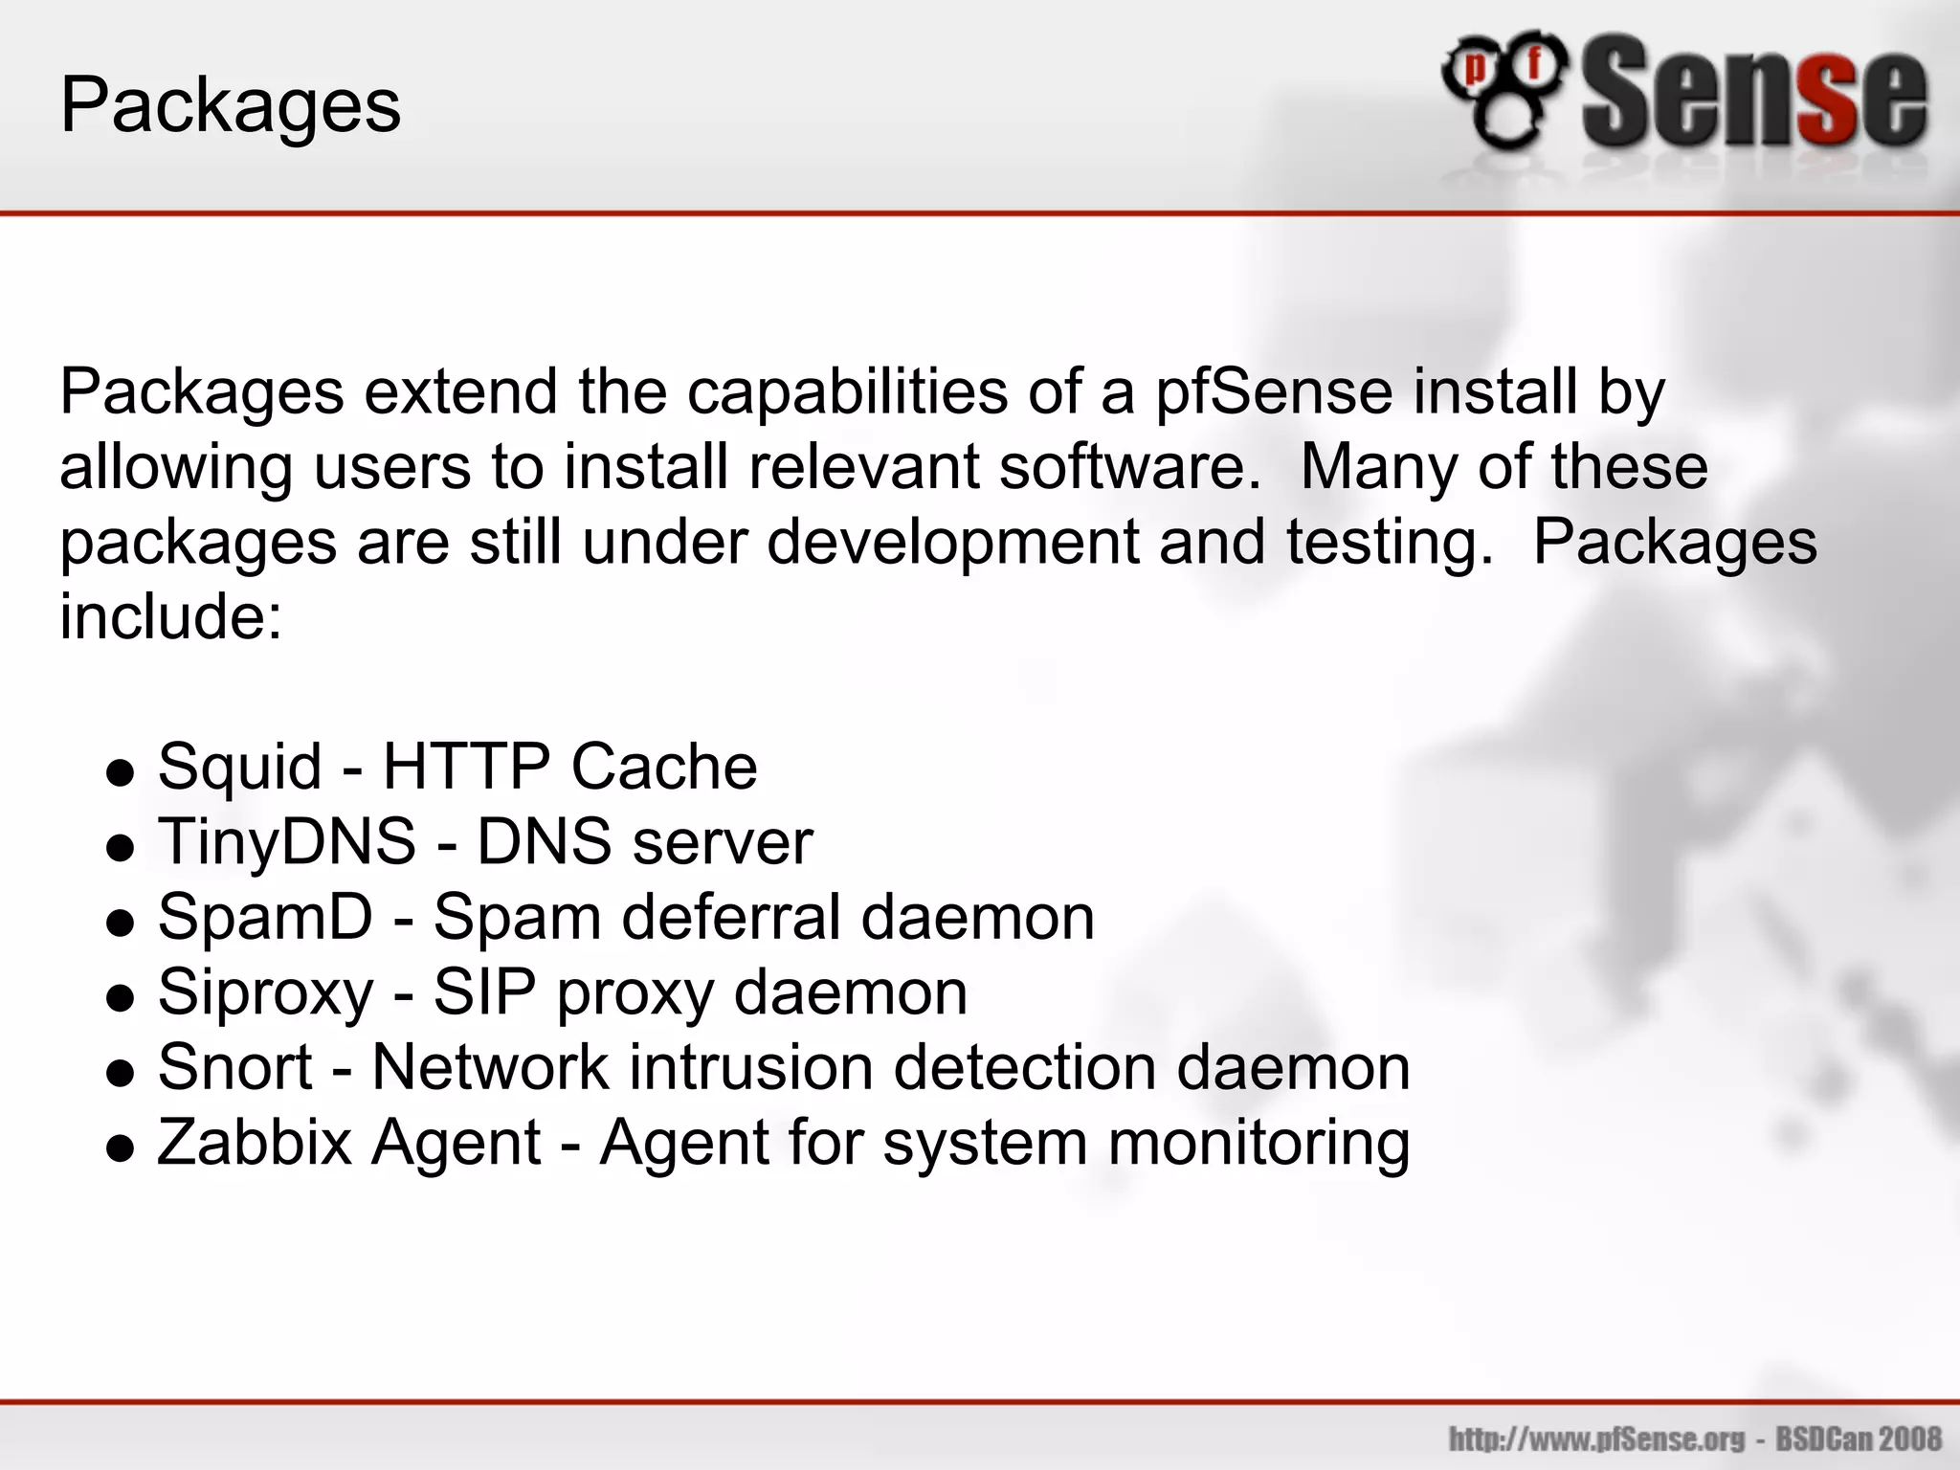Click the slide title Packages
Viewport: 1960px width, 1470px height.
pos(231,105)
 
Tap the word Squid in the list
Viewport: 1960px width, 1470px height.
pos(239,768)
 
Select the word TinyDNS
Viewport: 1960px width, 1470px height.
pos(286,842)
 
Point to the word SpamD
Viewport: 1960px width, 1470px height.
pos(265,917)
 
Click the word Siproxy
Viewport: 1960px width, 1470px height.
pos(265,992)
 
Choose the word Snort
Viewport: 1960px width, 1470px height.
pos(234,1067)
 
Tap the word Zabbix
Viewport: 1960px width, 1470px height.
pos(255,1142)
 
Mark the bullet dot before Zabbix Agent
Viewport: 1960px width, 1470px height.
pos(121,1147)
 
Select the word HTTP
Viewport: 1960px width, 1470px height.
pos(466,768)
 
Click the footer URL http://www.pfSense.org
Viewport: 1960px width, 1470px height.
pos(1597,1438)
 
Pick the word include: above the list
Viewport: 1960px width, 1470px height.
pos(171,616)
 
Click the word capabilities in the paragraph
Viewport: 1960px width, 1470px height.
pos(847,392)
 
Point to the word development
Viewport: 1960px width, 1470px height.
pos(952,543)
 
